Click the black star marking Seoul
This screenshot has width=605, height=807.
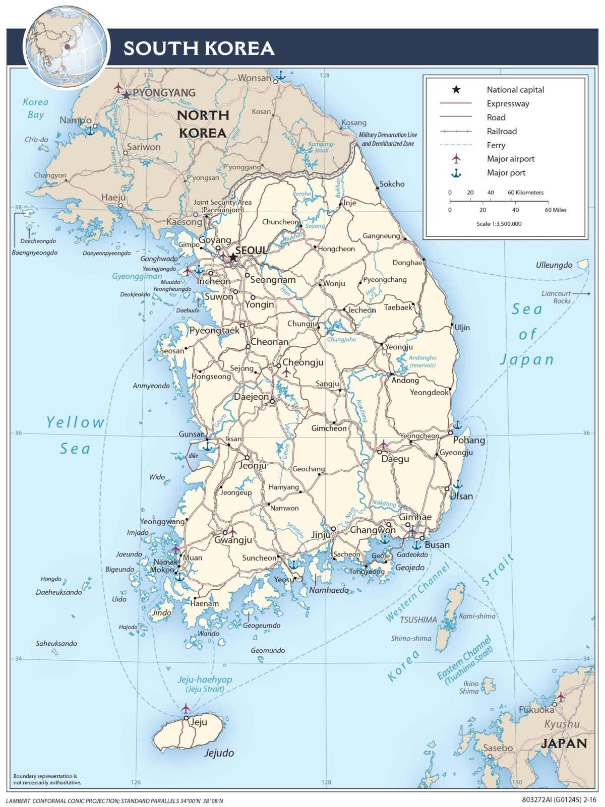click(233, 258)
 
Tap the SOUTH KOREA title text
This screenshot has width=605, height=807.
click(199, 48)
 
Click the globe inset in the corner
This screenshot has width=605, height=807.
click(66, 47)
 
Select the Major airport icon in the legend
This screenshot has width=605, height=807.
click(456, 159)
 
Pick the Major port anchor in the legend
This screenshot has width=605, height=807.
click(456, 173)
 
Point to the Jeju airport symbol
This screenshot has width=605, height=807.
click(186, 708)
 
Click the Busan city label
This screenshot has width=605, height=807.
click(437, 545)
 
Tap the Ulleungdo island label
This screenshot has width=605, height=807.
click(554, 265)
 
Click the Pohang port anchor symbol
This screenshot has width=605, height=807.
click(457, 425)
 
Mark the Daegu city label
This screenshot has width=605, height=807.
click(395, 459)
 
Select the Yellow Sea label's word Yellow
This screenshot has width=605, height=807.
click(75, 422)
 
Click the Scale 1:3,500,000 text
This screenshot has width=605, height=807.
click(499, 224)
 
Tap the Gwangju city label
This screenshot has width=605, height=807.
click(233, 540)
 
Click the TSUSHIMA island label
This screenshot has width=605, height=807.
click(418, 619)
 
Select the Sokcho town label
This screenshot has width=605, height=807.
click(392, 184)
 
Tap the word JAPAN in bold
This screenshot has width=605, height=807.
click(564, 743)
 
